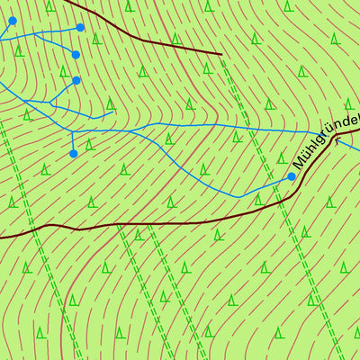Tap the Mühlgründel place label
click(x=326, y=141)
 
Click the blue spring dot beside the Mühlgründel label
click(x=291, y=177)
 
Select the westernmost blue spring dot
click(x=12, y=21)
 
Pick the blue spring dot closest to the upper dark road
click(x=80, y=28)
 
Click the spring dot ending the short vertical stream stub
click(x=73, y=154)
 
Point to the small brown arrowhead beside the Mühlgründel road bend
click(x=338, y=140)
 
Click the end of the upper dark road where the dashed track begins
click(x=220, y=55)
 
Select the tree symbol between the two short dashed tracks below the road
click(x=137, y=236)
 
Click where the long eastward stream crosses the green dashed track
click(x=247, y=125)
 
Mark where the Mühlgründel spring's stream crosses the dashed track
click(x=269, y=188)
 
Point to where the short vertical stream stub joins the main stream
click(x=72, y=131)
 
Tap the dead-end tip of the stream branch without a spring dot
click(x=112, y=113)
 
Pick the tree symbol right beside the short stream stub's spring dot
click(x=88, y=144)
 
